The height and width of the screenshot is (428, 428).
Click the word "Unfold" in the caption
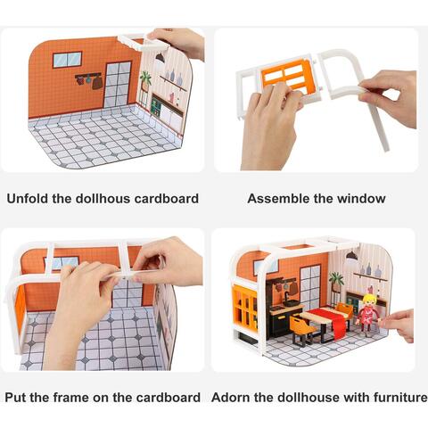pos(27,199)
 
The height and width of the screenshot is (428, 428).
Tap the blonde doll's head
pos(369,301)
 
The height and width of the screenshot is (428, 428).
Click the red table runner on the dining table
pos(333,319)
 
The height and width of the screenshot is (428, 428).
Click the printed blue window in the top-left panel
pos(68,60)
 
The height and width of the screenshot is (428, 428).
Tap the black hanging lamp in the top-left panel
pos(160,58)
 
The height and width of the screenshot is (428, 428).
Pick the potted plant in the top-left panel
pos(145,82)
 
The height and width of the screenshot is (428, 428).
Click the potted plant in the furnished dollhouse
pos(336,282)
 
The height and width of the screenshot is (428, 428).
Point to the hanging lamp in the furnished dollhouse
pos(352,256)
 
